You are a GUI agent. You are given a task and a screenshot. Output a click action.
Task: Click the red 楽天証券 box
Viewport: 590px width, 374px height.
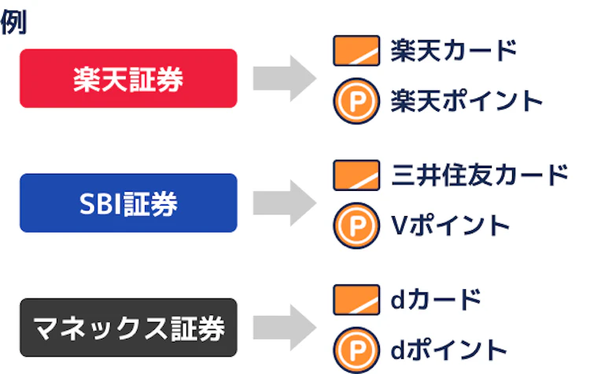128,78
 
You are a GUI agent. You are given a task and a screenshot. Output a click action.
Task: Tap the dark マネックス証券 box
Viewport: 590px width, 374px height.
128,327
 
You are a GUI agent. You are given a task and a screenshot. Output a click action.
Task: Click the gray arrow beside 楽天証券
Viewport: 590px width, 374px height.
283,78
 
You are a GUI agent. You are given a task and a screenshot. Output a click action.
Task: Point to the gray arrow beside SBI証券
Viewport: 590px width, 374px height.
283,203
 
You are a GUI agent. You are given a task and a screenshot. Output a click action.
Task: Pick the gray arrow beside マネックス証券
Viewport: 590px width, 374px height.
283,327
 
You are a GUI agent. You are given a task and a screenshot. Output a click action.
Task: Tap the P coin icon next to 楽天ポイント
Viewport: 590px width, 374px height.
352,101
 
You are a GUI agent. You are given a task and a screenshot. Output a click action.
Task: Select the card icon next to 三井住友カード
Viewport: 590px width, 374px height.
352,176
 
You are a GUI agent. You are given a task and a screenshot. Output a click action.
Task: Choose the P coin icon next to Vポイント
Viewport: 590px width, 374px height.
352,226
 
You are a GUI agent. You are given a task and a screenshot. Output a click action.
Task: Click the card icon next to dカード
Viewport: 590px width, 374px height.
352,300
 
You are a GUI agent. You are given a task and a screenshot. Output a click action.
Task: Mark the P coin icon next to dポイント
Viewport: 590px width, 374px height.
352,350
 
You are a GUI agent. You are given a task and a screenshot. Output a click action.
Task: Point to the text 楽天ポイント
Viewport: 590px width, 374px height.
466,101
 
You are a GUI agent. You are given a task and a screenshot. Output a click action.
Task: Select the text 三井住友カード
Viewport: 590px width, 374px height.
479,175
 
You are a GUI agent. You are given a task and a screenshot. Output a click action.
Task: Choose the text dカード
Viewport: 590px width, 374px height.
435,300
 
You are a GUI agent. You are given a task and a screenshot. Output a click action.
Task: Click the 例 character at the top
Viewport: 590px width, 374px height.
13,23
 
